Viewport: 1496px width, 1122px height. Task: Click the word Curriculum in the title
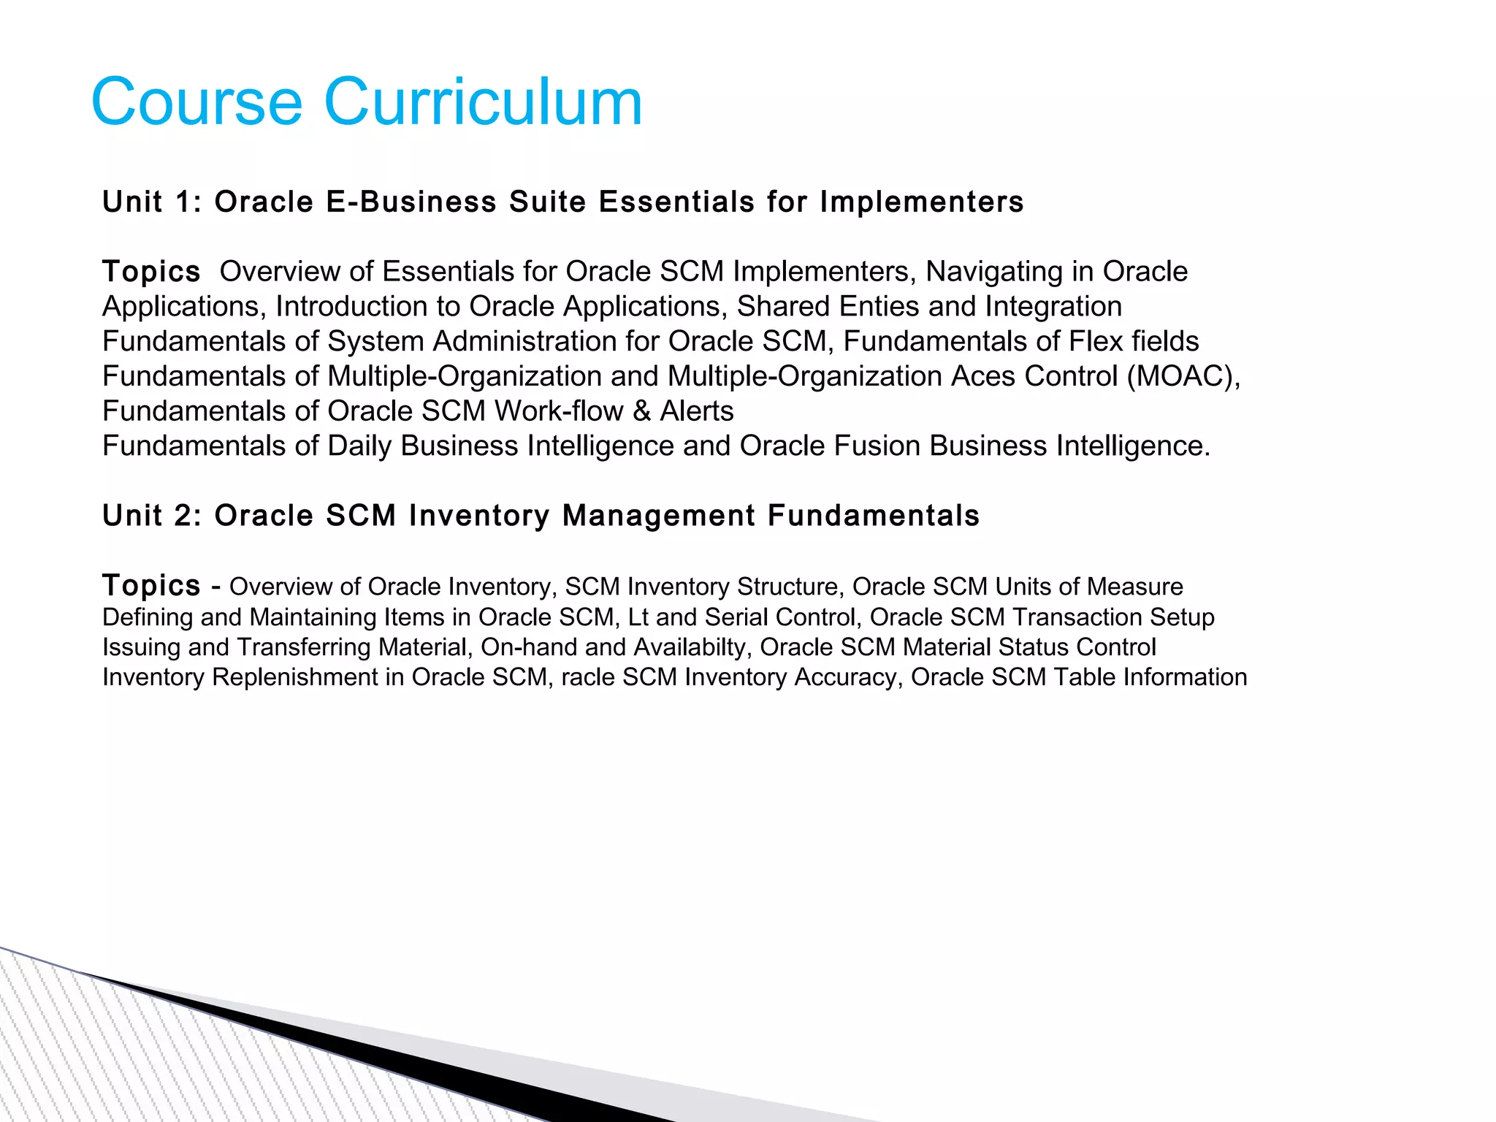[x=482, y=102]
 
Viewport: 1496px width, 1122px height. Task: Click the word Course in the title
[x=196, y=102]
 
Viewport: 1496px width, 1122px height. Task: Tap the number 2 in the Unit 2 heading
[x=183, y=516]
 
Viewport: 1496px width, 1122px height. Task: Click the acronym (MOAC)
[x=1183, y=377]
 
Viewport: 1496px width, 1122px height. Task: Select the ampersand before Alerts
[x=641, y=411]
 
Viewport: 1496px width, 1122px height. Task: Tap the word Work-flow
[x=559, y=411]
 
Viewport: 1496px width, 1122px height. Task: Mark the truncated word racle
[x=588, y=678]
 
